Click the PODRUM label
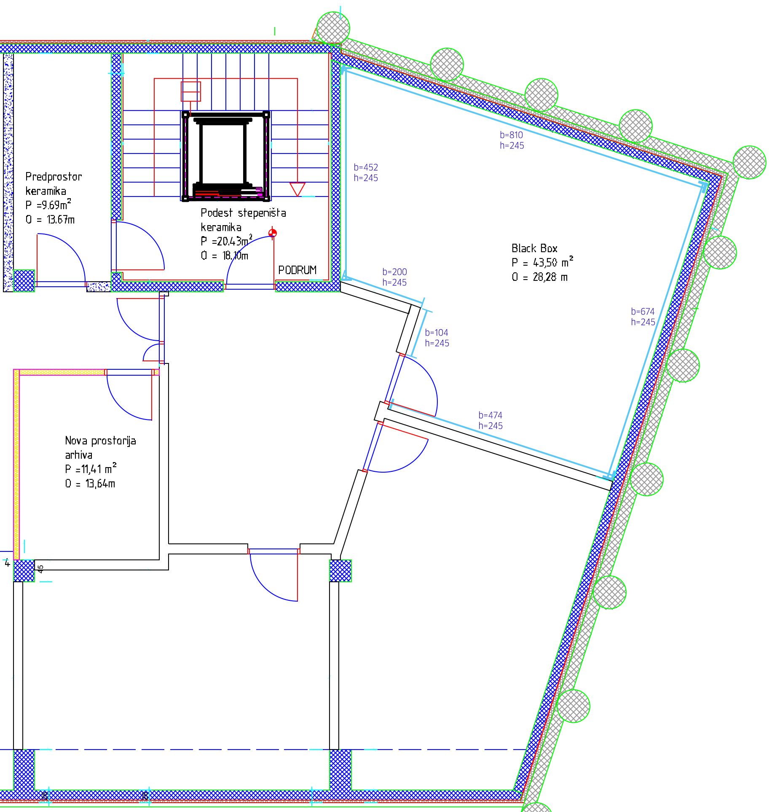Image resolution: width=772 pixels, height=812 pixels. (297, 270)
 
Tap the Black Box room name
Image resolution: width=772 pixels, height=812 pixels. (534, 248)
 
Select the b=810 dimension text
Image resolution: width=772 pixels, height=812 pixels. (511, 135)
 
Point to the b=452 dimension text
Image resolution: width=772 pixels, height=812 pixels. (366, 167)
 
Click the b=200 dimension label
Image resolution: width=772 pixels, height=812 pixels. (394, 272)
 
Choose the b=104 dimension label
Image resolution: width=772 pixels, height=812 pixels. (437, 333)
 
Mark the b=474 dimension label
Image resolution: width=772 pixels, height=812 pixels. (490, 415)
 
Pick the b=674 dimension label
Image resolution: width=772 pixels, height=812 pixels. (643, 312)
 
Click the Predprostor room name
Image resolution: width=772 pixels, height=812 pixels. (54, 177)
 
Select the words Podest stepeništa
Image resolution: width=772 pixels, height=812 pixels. (243, 213)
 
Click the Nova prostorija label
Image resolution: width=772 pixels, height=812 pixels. (100, 441)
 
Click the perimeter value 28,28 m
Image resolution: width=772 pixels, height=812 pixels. (550, 277)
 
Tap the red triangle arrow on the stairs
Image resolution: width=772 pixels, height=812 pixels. (298, 189)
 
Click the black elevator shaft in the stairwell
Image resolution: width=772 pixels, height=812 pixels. (225, 156)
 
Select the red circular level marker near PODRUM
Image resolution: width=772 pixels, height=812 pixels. (273, 233)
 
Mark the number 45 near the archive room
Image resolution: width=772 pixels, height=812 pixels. (40, 569)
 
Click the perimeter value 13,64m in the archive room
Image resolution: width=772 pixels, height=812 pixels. (100, 484)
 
